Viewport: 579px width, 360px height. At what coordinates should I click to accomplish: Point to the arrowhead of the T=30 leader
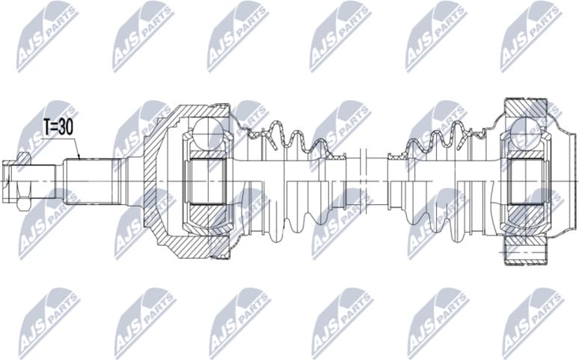point(81,159)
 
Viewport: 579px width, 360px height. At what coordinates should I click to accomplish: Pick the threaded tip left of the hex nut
point(7,180)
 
